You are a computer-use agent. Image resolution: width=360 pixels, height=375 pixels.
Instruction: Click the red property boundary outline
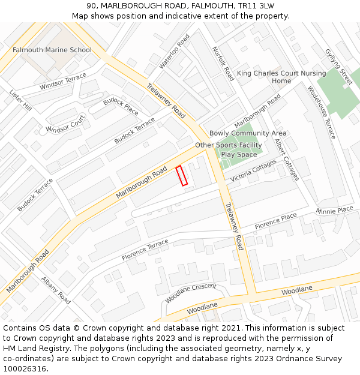tap(181, 176)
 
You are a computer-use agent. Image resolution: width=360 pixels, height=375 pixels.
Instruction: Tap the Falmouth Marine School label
tap(52, 50)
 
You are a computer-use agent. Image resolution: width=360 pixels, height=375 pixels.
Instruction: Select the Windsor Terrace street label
tap(63, 82)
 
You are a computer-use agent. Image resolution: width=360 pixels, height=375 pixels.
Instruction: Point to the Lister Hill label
tap(20, 100)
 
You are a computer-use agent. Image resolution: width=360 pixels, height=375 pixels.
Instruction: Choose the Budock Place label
tap(121, 106)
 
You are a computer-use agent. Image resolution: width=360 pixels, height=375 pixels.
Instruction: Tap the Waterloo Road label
tap(174, 51)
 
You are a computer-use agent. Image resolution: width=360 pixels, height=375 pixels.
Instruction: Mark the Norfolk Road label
tap(223, 64)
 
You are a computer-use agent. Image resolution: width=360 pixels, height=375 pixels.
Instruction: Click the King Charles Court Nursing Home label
tap(281, 77)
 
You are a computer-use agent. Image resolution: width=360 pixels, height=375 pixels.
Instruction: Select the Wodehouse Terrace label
tap(321, 112)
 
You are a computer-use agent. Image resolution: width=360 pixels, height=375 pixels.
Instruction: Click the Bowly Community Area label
tap(247, 133)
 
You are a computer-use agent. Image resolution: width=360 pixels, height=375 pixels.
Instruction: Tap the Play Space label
tap(239, 154)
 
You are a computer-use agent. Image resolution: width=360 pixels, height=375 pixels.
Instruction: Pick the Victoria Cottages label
tap(253, 170)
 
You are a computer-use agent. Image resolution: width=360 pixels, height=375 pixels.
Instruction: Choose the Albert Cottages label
tap(286, 160)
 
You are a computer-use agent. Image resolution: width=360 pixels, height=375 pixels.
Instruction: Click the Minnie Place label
tap(334, 211)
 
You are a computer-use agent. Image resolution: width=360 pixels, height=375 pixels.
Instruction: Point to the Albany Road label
tap(56, 290)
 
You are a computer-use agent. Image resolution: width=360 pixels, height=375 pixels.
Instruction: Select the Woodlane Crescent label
tap(191, 292)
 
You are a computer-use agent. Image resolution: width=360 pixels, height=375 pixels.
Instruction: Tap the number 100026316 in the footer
tap(24, 368)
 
